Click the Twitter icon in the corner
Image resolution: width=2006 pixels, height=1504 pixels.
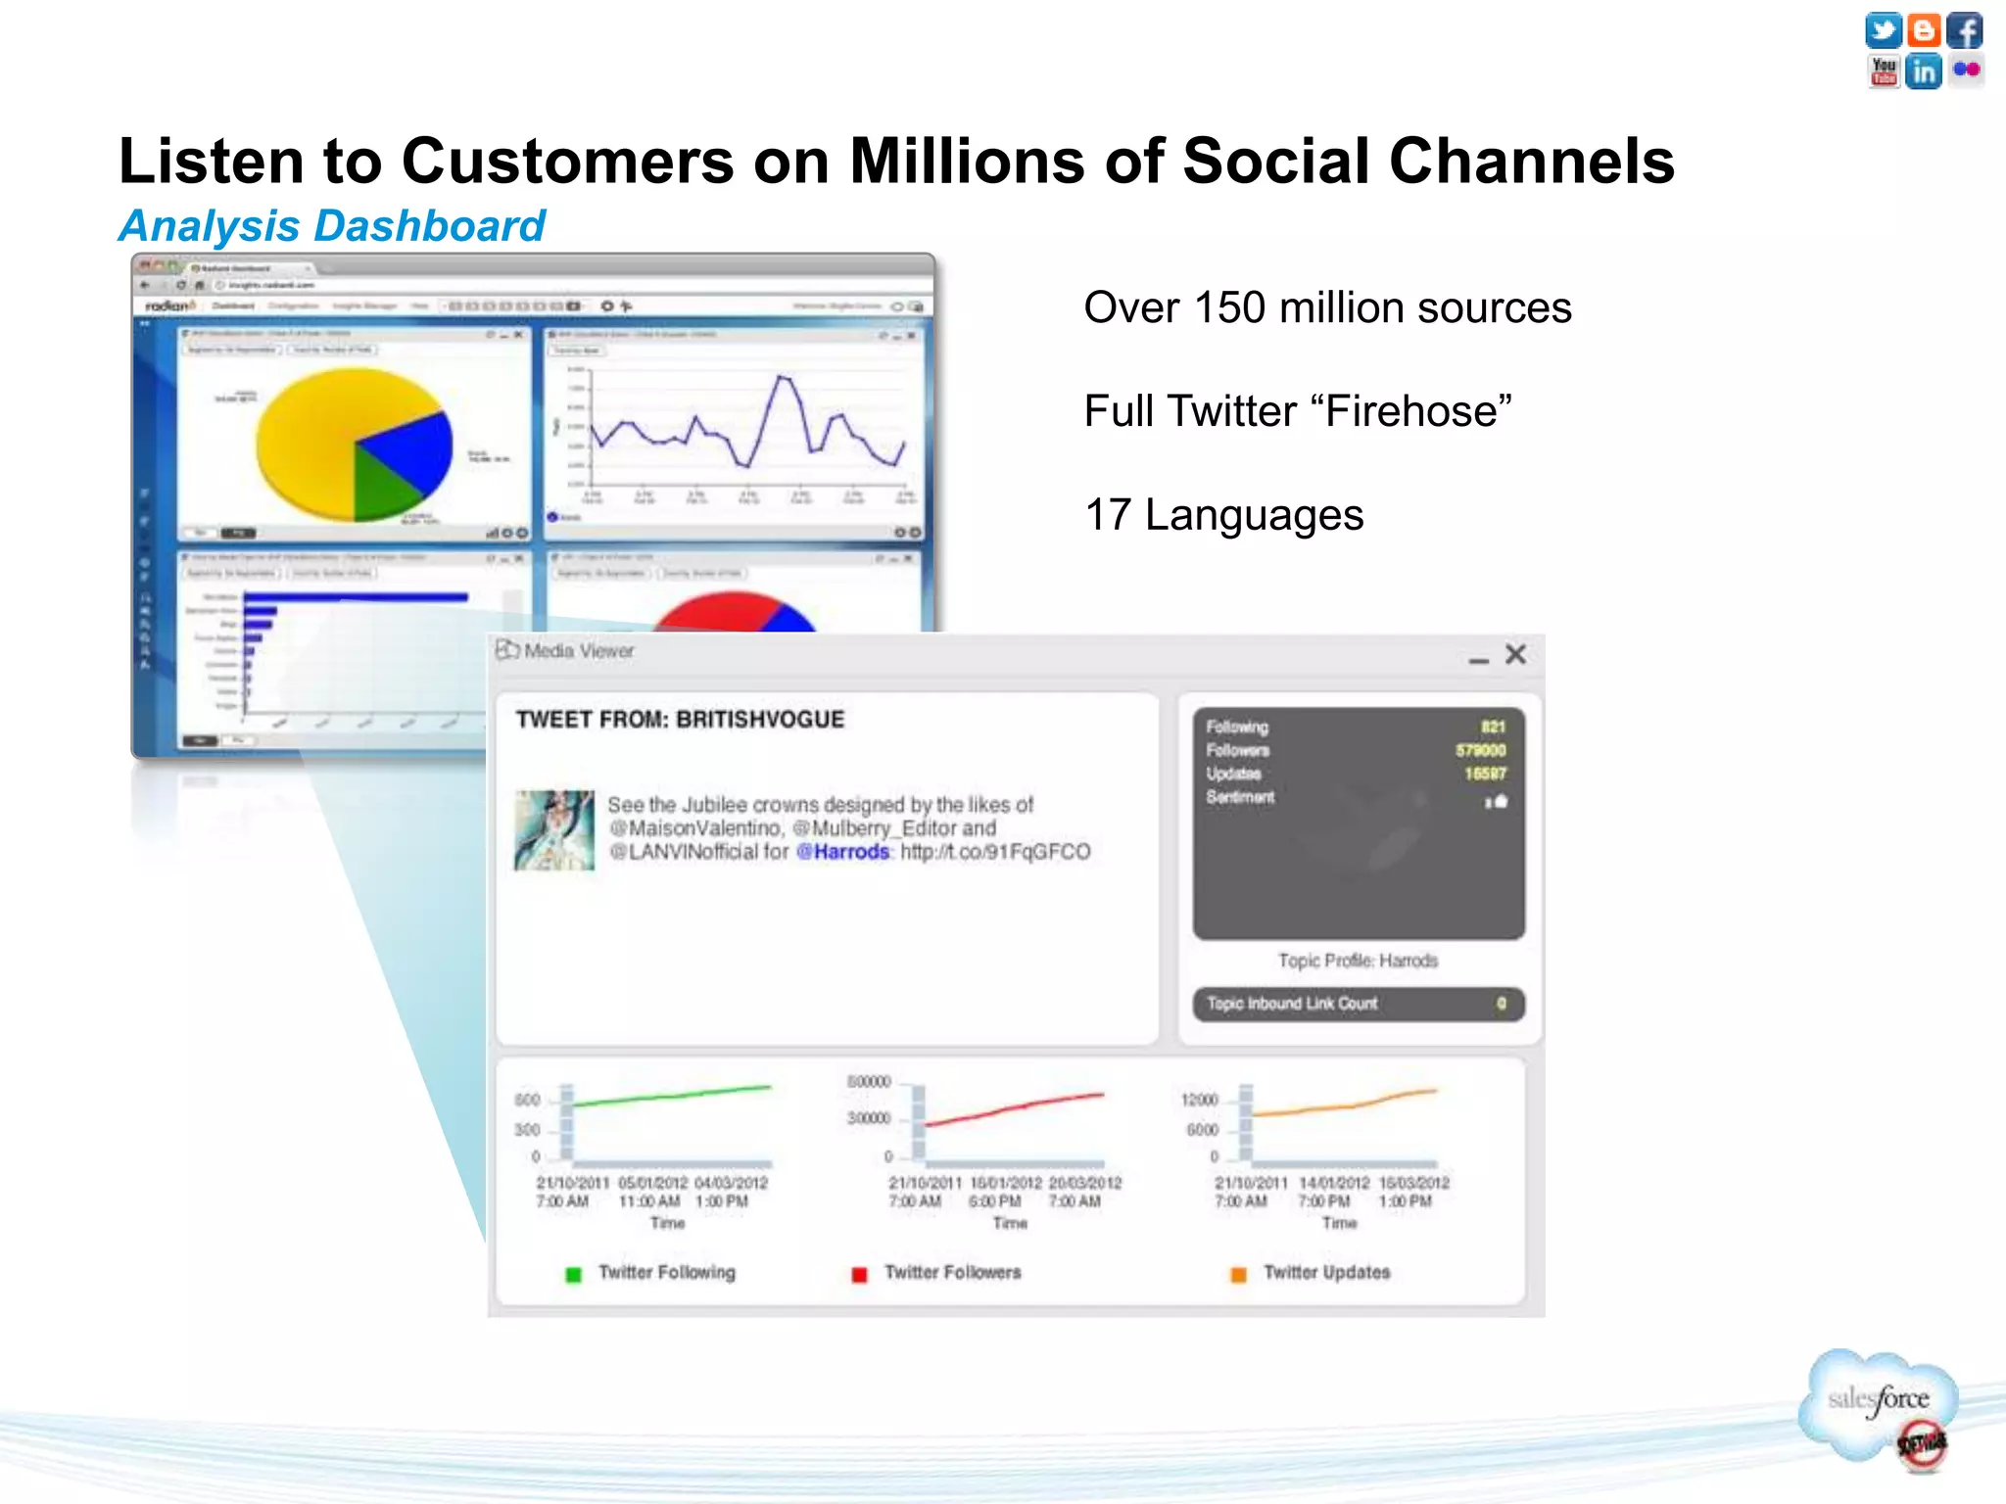point(1883,30)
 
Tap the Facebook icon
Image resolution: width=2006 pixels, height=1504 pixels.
point(1964,30)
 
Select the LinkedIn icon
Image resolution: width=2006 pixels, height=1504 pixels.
point(1924,71)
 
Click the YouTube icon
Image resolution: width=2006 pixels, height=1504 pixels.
point(1883,71)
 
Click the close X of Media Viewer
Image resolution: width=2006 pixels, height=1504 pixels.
point(1515,654)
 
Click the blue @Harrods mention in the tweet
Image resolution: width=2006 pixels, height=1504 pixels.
point(842,852)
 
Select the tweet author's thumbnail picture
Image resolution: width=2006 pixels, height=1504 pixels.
point(554,830)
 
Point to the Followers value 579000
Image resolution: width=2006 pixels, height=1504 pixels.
point(1480,750)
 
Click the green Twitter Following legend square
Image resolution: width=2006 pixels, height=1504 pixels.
point(574,1274)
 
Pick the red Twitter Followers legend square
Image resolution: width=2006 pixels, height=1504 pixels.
point(859,1274)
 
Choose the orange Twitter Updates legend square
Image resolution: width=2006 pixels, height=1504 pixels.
point(1238,1274)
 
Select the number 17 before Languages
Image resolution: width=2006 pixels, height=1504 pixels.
point(1108,515)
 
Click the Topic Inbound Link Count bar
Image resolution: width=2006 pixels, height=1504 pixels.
point(1358,1004)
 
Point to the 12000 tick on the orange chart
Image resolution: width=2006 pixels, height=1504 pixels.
point(1199,1100)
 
